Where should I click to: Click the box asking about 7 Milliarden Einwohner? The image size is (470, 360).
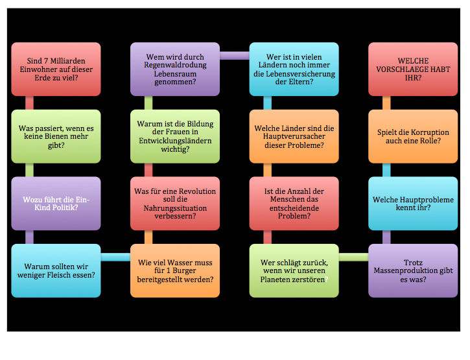(x=56, y=69)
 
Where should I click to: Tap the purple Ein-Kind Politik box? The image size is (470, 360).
(x=56, y=203)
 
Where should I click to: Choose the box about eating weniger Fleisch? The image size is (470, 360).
(x=56, y=270)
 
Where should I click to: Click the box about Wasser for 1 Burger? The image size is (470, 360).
(x=174, y=270)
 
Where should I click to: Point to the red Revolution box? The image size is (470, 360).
(x=174, y=203)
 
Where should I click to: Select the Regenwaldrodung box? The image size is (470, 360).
(x=174, y=69)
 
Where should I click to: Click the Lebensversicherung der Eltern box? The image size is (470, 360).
(x=294, y=69)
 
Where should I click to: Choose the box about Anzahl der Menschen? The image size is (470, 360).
(x=294, y=203)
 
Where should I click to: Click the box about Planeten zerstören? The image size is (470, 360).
(x=294, y=270)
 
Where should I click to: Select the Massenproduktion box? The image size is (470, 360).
(x=413, y=270)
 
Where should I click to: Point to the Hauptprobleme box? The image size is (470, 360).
(x=413, y=203)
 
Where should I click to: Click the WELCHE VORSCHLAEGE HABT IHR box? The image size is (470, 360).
(x=413, y=69)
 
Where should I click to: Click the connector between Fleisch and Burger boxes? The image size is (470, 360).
(x=115, y=258)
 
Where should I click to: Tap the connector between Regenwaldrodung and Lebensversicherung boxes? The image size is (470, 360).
(x=234, y=56)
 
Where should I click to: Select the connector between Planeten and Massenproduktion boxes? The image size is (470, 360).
(x=353, y=258)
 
